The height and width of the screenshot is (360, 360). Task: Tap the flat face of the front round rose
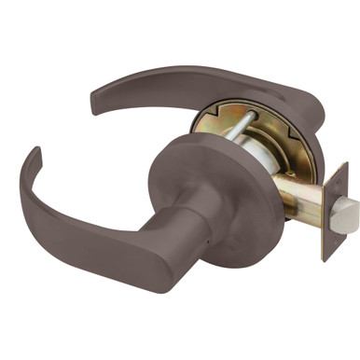(210, 187)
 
